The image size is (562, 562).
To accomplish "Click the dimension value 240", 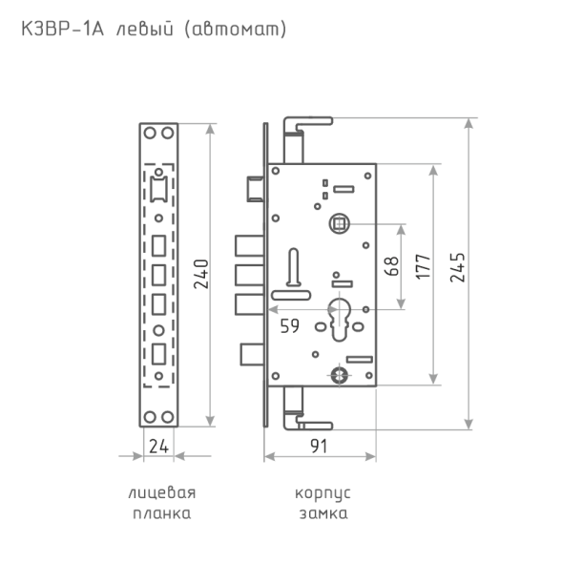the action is tap(200, 274).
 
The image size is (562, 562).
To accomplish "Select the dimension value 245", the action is tap(457, 268).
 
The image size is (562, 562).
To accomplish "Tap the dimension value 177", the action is tap(423, 266).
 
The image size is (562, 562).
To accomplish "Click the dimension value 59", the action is tap(290, 326).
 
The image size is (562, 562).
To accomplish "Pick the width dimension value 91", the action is tap(319, 447).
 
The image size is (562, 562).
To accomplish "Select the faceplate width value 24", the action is tap(158, 447).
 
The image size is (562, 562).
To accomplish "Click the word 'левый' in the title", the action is tap(145, 30).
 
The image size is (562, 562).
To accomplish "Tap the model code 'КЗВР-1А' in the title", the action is tap(63, 29).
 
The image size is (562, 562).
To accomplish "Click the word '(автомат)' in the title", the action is tap(236, 30).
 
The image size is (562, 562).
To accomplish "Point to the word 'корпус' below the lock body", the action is tap(323, 493).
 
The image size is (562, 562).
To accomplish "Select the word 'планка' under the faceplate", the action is tap(161, 513).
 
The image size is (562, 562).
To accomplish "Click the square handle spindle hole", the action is tap(339, 223).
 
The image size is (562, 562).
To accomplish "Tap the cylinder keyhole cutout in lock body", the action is tap(339, 319).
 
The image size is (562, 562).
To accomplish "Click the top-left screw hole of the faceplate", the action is tap(150, 134).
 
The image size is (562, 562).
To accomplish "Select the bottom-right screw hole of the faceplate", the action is tap(167, 417).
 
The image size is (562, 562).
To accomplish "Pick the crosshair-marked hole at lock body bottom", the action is tap(339, 375).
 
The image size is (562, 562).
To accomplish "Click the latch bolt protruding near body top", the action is tap(256, 189).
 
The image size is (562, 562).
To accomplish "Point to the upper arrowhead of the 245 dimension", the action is tap(468, 123).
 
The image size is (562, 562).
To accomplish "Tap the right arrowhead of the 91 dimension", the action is tap(370, 457).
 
